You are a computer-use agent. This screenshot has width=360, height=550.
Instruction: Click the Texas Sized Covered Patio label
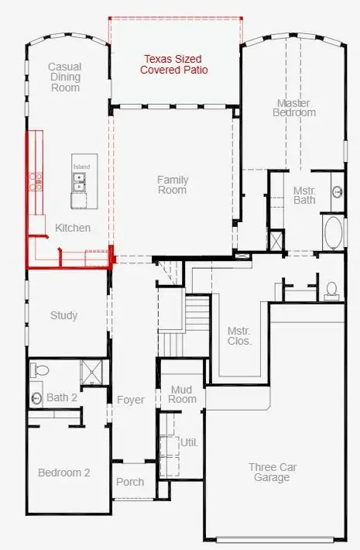(x=174, y=64)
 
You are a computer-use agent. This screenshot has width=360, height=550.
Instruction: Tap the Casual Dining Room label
(x=65, y=77)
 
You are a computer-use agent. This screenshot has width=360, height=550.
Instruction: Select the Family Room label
(x=173, y=185)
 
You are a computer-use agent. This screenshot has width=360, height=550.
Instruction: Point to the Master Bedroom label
(x=294, y=108)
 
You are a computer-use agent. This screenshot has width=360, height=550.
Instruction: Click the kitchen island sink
(x=79, y=182)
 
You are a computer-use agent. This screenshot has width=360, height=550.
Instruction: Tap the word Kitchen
(x=73, y=228)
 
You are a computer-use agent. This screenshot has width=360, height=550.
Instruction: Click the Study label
(x=63, y=315)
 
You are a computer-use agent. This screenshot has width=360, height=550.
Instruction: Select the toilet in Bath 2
(x=39, y=370)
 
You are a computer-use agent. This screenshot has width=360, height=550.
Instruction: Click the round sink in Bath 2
(x=36, y=397)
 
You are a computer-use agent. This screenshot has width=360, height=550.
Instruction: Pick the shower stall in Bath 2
(x=91, y=372)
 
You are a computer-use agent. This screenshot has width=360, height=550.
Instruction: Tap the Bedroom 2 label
(x=64, y=473)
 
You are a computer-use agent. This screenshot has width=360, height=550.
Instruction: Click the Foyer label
(x=131, y=400)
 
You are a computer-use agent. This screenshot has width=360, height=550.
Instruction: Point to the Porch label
(x=130, y=482)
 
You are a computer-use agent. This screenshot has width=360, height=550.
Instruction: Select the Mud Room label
(x=182, y=394)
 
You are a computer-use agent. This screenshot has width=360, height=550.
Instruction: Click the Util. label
(x=189, y=442)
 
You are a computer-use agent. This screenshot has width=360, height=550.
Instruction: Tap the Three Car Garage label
(x=273, y=472)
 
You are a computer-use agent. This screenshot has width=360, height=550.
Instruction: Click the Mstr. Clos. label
(x=239, y=336)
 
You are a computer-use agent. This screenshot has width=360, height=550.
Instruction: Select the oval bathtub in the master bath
(x=334, y=233)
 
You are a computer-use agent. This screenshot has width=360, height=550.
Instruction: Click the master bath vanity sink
(x=338, y=192)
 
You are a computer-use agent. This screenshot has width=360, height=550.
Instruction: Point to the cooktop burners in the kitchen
(x=36, y=182)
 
